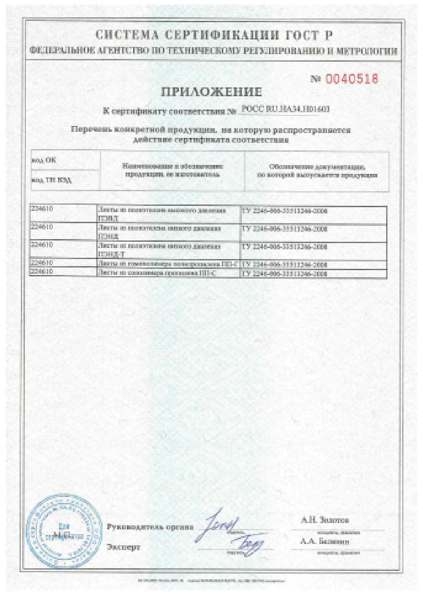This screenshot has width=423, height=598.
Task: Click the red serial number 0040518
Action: pos(351,79)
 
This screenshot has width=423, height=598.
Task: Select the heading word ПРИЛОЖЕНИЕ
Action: pos(211,92)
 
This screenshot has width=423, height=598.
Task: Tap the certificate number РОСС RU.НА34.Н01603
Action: pos(285,109)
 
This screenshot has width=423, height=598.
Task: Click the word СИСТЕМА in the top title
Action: pos(127,35)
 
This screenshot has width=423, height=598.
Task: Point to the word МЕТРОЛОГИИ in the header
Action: pos(366,51)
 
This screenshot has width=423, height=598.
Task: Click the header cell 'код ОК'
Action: pos(44,160)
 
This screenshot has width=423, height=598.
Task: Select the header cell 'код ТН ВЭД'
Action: pos(51,180)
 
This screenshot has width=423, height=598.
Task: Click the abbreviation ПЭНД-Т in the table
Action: pos(111,254)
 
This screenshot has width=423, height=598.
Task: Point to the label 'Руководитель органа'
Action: pos(150,527)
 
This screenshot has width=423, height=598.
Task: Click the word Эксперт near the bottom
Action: pos(123,547)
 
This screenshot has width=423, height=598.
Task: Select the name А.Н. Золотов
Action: pos(324,520)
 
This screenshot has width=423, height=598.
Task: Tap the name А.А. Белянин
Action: pos(324,541)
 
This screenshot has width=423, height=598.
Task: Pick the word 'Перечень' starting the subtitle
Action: pos(91,130)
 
